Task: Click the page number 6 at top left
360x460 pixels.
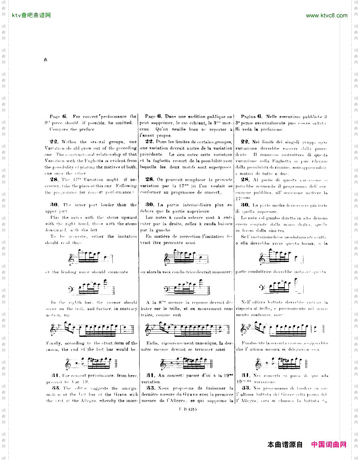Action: pyautogui.click(x=46, y=60)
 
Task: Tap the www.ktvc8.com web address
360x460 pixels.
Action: pyautogui.click(x=326, y=16)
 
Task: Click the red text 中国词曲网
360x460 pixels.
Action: pyautogui.click(x=329, y=444)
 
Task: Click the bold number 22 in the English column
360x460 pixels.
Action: pyautogui.click(x=54, y=142)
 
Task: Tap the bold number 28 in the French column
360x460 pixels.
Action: pyautogui.click(x=150, y=180)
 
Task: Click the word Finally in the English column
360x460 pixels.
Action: pyautogui.click(x=54, y=343)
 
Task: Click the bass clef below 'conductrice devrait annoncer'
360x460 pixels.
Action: pyautogui.click(x=168, y=288)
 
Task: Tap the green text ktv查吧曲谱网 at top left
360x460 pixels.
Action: pyautogui.click(x=32, y=16)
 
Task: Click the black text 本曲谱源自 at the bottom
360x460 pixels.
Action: pyautogui.click(x=285, y=444)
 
